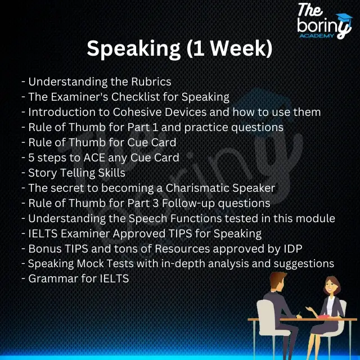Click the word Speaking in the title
coord(133,49)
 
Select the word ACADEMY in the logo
coord(324,36)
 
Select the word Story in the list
coord(42,173)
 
